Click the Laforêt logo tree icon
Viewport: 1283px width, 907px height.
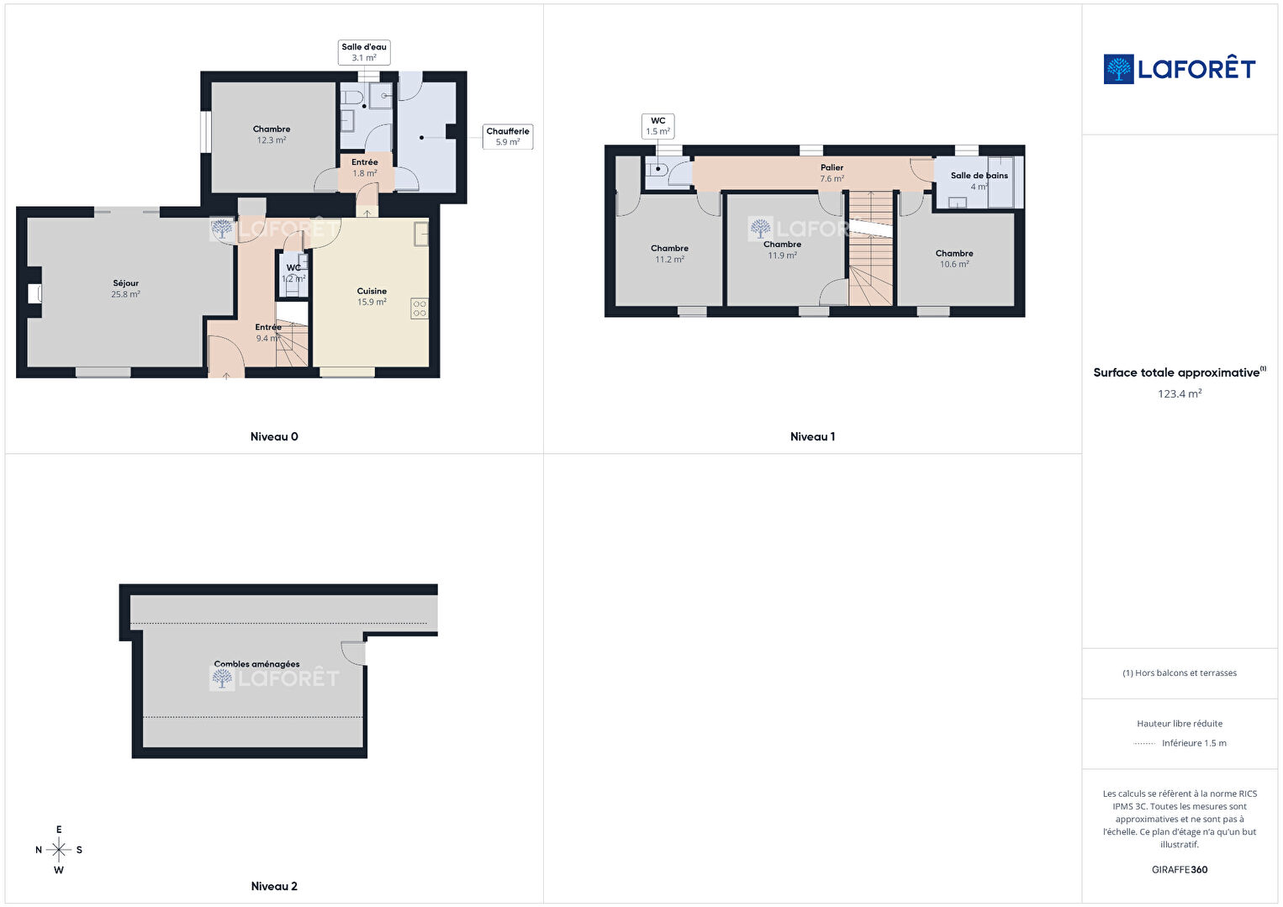(1118, 69)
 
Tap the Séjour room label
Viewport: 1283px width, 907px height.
(125, 288)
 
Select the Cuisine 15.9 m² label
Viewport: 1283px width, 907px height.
(372, 297)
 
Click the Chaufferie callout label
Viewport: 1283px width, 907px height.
(508, 137)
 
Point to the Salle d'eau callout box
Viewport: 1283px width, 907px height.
(364, 52)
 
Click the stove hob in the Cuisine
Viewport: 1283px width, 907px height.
(420, 308)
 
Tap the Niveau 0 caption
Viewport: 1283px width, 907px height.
(274, 437)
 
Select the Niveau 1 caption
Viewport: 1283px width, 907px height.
(812, 437)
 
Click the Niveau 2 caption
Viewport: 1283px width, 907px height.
(274, 886)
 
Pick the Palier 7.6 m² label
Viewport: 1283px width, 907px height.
(832, 173)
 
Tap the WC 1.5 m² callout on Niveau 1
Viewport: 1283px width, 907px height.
(657, 126)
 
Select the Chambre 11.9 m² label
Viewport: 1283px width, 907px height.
(783, 250)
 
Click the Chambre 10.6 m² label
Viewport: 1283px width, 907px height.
(954, 259)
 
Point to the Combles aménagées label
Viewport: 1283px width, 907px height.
(256, 664)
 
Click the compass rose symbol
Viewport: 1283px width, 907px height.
(58, 850)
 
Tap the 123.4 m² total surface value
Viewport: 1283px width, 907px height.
(1180, 394)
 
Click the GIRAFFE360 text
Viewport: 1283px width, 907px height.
(1180, 870)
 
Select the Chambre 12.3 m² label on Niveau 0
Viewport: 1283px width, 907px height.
(272, 134)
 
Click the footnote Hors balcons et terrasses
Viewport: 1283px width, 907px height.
(1180, 673)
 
